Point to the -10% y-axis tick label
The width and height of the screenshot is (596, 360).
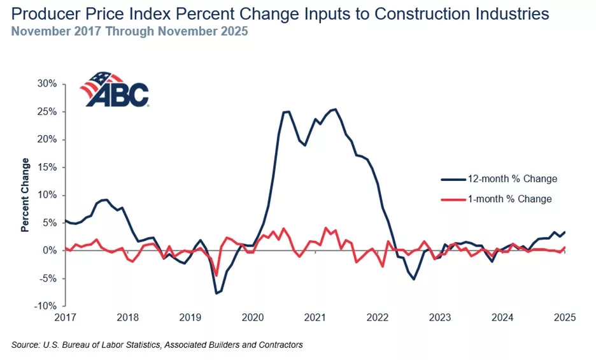[48, 306]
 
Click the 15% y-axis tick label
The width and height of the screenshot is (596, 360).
[49, 168]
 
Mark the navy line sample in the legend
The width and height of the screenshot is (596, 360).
[452, 179]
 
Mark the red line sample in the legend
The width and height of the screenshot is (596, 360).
[452, 199]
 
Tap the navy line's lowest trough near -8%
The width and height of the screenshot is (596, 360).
[216, 293]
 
